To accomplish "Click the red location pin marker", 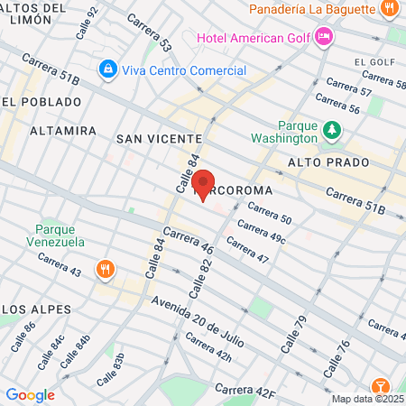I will click(x=204, y=184).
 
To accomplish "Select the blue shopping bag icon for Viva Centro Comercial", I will click(x=107, y=69).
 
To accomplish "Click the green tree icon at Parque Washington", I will click(x=333, y=130).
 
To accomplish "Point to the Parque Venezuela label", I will click(x=60, y=235).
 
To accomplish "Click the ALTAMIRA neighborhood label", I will click(x=63, y=131).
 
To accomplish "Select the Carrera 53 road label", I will click(x=149, y=32).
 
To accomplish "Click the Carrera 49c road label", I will click(x=262, y=231).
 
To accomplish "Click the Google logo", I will click(x=30, y=395).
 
